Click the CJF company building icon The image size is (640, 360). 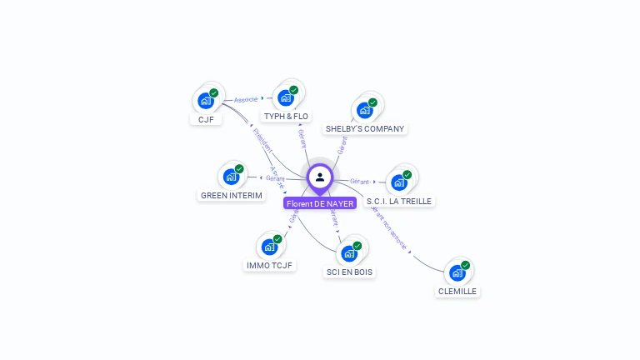pyautogui.click(x=205, y=101)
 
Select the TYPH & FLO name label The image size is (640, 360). pyautogui.click(x=285, y=116)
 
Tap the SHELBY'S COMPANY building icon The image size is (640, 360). pyautogui.click(x=364, y=110)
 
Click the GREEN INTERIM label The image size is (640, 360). pyautogui.click(x=232, y=196)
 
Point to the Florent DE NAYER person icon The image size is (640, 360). pyautogui.click(x=320, y=177)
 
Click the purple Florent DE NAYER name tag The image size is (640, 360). pyautogui.click(x=320, y=203)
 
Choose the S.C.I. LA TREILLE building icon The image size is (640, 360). pyautogui.click(x=399, y=182)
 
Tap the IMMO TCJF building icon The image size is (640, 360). pyautogui.click(x=269, y=247)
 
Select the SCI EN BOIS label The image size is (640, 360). pyautogui.click(x=349, y=272)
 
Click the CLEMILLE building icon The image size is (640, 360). pyautogui.click(x=457, y=272)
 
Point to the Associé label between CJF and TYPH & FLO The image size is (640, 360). pyautogui.click(x=246, y=99)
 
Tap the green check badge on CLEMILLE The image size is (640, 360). pyautogui.click(x=465, y=265)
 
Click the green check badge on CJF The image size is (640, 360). pyautogui.click(x=213, y=93)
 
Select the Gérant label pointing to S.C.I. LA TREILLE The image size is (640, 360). pyautogui.click(x=360, y=181)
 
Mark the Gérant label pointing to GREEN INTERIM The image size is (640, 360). pyautogui.click(x=275, y=178)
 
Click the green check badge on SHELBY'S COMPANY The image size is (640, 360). pyautogui.click(x=372, y=102)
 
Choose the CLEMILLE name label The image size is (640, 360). pyautogui.click(x=457, y=292)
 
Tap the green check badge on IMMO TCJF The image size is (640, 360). pyautogui.click(x=277, y=239)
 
